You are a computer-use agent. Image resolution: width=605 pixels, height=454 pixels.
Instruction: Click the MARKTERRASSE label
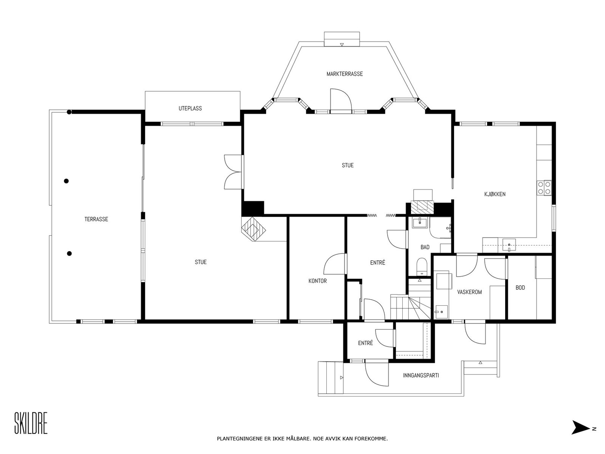344,74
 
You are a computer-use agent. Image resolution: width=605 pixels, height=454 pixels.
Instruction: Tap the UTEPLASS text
190,108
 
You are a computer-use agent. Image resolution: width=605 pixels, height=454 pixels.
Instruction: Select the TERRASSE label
96,219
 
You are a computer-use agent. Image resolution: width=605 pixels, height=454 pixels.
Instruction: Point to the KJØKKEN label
495,194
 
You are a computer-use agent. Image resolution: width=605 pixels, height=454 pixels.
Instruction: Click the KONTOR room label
318,281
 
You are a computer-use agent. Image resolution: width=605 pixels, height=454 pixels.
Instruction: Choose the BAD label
425,247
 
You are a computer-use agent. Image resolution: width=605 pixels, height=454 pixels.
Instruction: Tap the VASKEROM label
469,292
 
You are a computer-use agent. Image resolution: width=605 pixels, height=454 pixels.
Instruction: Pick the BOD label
520,288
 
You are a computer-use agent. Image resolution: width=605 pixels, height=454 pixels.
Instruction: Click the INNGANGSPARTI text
421,375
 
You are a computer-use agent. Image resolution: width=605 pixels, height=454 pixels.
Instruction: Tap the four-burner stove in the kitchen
544,188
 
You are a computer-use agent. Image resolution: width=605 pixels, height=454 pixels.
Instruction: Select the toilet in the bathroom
422,267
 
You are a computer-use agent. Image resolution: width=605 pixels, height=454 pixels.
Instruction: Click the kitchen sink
509,245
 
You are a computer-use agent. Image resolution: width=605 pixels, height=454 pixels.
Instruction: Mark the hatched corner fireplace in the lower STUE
254,229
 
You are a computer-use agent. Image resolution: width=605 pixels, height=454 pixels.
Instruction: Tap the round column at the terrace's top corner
69,112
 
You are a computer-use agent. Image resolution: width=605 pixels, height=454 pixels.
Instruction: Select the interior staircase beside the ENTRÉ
411,303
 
